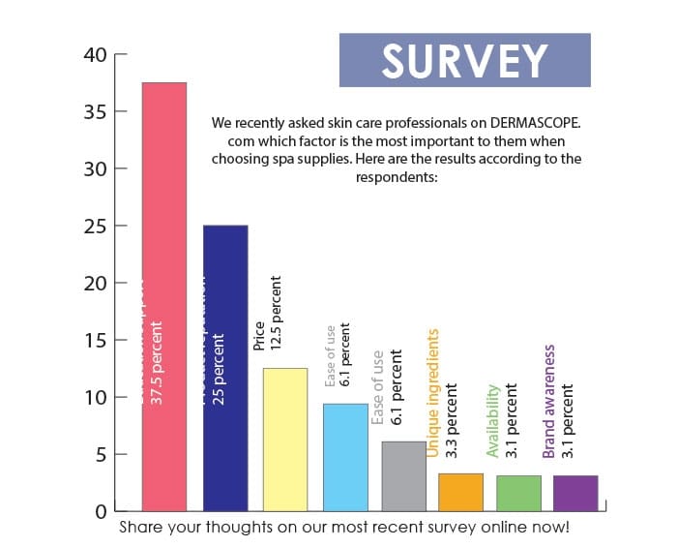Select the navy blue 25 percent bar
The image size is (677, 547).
(x=224, y=368)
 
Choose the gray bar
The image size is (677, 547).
(x=403, y=475)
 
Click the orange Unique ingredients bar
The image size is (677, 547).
(x=459, y=492)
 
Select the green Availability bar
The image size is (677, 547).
(x=518, y=493)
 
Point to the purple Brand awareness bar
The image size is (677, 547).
(x=575, y=493)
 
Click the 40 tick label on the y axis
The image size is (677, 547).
(x=94, y=55)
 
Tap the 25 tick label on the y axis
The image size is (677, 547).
(x=94, y=227)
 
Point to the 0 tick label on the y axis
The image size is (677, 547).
(x=100, y=511)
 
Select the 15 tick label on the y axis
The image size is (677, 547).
(x=94, y=341)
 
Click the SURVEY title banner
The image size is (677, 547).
(x=464, y=60)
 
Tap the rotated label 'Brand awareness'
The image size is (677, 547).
(x=549, y=400)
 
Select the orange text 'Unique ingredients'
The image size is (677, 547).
(x=433, y=392)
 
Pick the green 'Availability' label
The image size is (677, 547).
(x=492, y=420)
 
